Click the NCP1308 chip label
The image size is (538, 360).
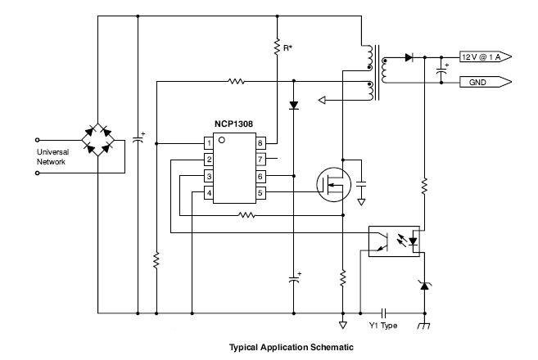coord(233,124)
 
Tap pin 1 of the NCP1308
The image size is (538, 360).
coord(209,143)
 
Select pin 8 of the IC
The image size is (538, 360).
coord(260,143)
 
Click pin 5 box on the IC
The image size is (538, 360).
coord(260,193)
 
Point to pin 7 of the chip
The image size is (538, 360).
coord(260,159)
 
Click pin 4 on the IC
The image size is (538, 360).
coord(209,193)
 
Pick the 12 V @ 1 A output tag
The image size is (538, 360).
coord(486,57)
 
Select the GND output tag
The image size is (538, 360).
coord(486,83)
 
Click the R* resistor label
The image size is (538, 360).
coord(287,48)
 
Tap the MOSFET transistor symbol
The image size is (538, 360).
coord(333,184)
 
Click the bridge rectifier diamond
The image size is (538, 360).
coord(97,140)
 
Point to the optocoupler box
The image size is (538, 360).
coord(394,241)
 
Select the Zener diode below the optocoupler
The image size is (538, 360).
coord(424,286)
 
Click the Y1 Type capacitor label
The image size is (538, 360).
coord(383,326)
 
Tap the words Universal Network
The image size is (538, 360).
coord(53,157)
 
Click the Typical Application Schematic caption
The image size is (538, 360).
coord(292,347)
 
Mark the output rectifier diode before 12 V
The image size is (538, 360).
coord(409,57)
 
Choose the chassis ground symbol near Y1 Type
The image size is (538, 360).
coord(424,326)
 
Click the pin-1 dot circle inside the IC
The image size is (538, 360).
coord(222,140)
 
